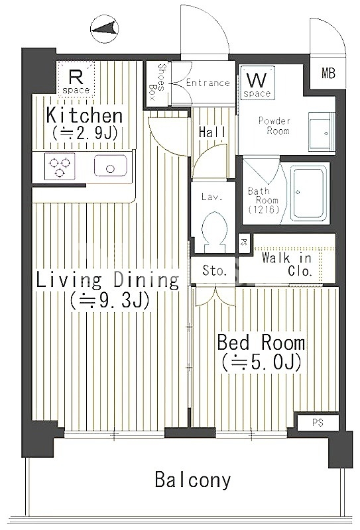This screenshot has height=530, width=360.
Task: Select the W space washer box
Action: pos(257,83)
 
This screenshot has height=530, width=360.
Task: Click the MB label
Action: pos(328,74)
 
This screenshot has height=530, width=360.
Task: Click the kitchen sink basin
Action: pos(109,166)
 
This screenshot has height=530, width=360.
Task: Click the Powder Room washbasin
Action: pos(322,132)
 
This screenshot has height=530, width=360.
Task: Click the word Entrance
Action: pos(208,83)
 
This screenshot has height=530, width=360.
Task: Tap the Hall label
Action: pos(212,132)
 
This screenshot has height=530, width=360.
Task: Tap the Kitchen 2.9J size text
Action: pos(84,132)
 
